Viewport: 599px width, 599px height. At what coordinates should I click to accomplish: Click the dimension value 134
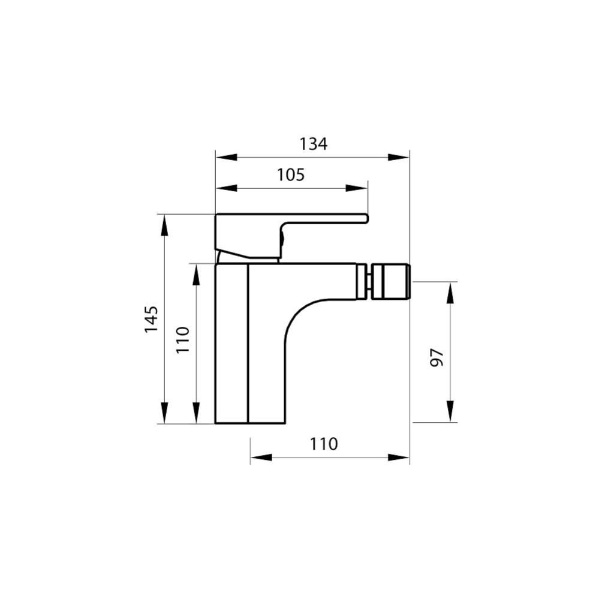314,144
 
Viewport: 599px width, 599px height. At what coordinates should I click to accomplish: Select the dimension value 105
291,175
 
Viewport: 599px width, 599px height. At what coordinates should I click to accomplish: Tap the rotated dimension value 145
151,319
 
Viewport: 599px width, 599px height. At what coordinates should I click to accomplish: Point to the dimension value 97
438,357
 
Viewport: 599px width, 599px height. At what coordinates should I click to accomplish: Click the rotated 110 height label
183,339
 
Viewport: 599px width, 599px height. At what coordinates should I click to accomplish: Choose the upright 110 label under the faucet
324,444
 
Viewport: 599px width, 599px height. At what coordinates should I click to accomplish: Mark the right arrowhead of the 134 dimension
399,158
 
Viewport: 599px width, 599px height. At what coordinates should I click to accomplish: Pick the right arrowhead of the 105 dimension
357,188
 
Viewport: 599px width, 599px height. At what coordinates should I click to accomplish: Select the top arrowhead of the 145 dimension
164,225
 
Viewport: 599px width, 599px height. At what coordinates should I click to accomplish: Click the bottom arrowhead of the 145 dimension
164,413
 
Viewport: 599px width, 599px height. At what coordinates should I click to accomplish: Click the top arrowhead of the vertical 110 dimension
196,274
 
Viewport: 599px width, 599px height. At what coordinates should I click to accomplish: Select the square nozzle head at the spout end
390,281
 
